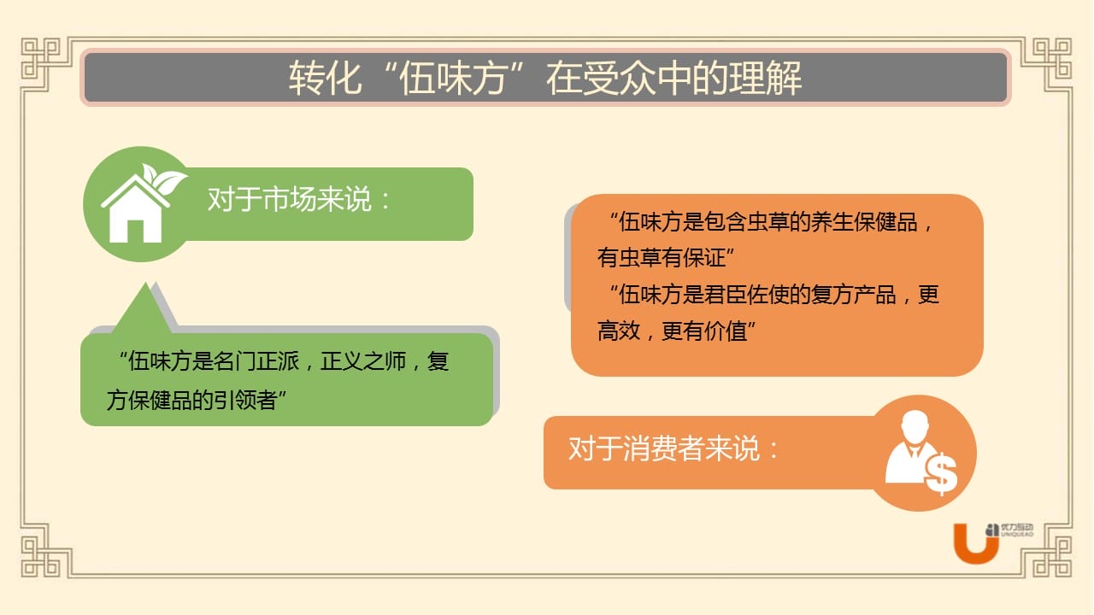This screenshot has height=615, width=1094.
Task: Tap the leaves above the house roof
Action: tap(163, 179)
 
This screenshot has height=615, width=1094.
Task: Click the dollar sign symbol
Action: tap(941, 473)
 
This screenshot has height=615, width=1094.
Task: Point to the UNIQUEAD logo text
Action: tap(1017, 535)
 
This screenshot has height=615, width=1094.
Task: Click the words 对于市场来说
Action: tap(290, 199)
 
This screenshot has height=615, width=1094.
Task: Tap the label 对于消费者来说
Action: tap(664, 448)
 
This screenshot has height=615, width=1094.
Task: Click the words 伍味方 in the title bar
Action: tap(454, 78)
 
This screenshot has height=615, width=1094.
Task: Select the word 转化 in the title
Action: tap(326, 78)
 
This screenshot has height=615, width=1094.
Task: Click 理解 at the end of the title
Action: tap(765, 78)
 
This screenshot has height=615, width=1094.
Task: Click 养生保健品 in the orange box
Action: tap(864, 222)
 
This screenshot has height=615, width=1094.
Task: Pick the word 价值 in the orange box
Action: tap(726, 331)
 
